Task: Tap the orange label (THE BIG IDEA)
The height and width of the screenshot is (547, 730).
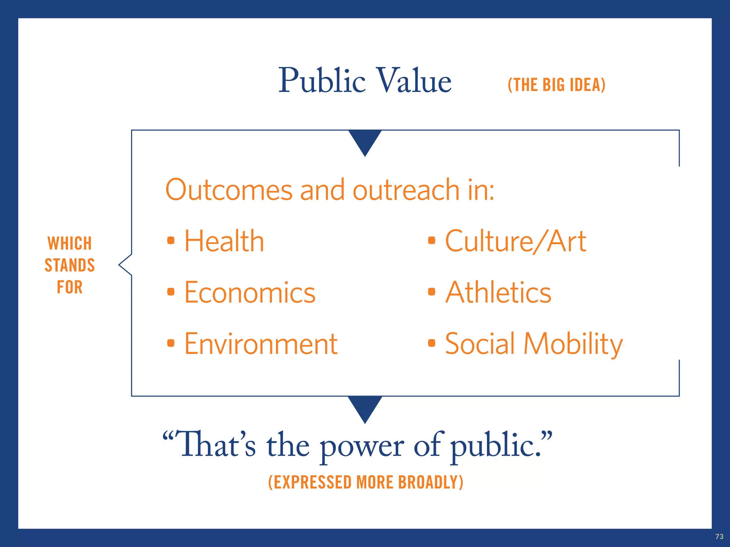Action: [556, 85]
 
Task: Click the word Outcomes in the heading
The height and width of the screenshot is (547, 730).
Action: [229, 190]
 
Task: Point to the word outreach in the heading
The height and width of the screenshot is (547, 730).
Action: [406, 190]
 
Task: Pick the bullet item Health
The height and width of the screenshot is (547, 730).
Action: [224, 241]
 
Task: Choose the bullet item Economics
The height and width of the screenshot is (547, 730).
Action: [250, 292]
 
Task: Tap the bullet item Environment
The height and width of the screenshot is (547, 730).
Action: [261, 344]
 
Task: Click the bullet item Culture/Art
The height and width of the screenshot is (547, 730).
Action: [515, 241]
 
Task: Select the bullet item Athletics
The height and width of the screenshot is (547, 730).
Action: [498, 292]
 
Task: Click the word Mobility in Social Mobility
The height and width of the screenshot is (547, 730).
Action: [573, 344]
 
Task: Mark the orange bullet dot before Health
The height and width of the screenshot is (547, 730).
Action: [171, 241]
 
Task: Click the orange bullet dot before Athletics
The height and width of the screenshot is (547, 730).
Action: [432, 292]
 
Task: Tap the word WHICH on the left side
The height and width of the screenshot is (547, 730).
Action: [70, 244]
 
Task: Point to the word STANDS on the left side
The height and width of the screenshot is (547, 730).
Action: [70, 265]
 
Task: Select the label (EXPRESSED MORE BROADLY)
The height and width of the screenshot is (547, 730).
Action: [366, 483]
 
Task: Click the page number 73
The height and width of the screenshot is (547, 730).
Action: [719, 537]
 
